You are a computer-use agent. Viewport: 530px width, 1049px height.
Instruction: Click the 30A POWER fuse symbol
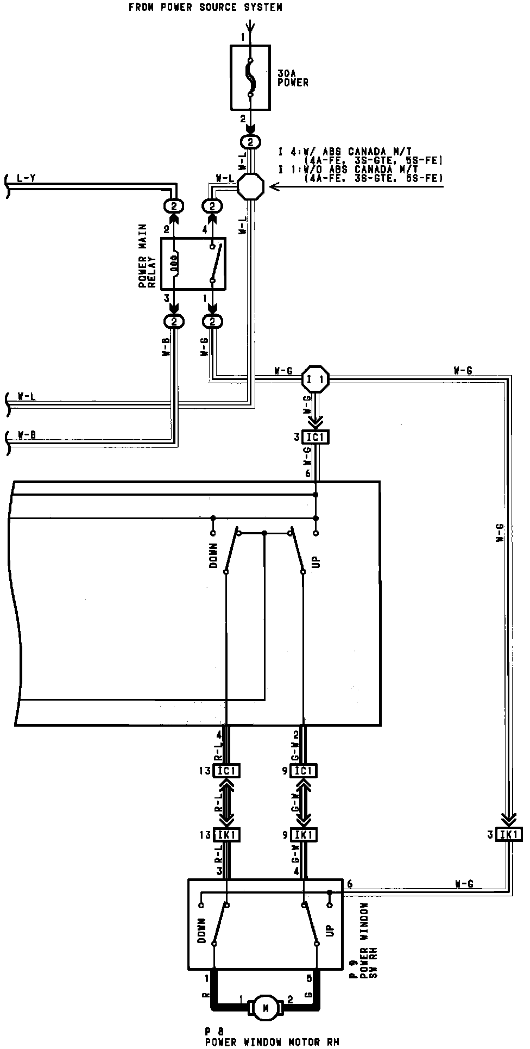coord(250,77)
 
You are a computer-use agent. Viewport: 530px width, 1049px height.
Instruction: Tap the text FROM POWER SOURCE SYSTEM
coord(205,7)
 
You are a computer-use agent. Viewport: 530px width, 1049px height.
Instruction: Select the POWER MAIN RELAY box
coord(193,264)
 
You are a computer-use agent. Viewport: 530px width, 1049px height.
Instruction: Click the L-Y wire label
coord(27,178)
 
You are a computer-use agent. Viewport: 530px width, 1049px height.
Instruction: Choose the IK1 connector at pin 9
coord(303,834)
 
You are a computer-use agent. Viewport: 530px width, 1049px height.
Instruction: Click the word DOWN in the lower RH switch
coord(203,931)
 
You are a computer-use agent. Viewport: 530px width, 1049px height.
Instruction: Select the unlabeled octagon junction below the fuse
coord(251,186)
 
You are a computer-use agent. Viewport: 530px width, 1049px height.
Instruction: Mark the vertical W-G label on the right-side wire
coord(500,533)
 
